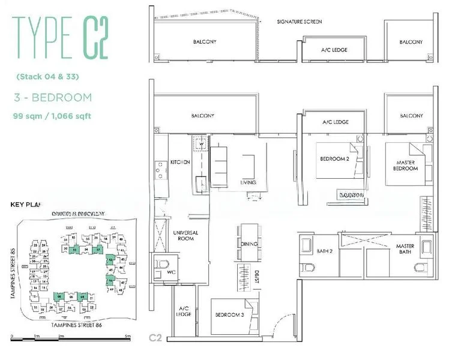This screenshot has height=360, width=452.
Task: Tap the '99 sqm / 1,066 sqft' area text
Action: tap(52, 116)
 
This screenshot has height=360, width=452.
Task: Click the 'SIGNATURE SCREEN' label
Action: tap(300, 22)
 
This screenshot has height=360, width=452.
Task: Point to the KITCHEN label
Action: tap(179, 162)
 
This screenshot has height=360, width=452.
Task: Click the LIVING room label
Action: tap(248, 182)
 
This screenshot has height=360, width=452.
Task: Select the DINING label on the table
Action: tap(249, 244)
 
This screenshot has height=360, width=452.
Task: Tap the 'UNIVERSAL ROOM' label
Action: tap(185, 236)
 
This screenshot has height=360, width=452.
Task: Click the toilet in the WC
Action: tap(163, 265)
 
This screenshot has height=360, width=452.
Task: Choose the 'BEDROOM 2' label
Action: tap(334, 158)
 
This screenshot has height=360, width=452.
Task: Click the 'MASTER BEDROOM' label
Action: tap(406, 165)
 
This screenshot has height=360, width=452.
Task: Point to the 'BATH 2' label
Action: tap(324, 250)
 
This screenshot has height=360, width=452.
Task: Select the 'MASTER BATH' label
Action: tap(405, 250)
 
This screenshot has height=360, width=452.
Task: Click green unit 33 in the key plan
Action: tap(75, 248)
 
